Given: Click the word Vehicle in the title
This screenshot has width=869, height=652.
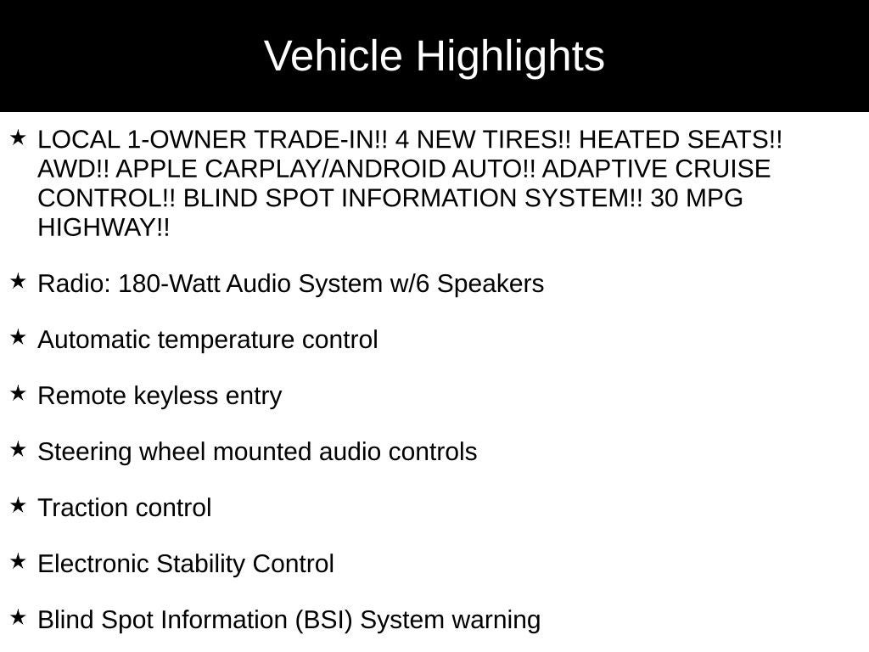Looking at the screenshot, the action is click(333, 55).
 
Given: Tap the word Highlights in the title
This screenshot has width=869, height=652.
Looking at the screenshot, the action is click(510, 57).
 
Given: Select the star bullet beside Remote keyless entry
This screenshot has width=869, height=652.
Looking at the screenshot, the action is click(19, 393).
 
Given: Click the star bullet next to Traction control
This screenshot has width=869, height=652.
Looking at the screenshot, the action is click(19, 505).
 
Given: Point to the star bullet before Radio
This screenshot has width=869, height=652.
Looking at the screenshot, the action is click(19, 281).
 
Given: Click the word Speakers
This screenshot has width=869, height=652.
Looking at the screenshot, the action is click(491, 284).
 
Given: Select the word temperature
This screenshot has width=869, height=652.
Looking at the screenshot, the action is click(226, 340).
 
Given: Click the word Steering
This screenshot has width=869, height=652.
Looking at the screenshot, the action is click(85, 452).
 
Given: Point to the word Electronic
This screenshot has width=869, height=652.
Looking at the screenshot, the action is click(93, 564).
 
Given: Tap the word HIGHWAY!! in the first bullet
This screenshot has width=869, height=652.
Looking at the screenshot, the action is click(104, 228).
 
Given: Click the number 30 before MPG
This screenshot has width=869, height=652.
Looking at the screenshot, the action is click(664, 198).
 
